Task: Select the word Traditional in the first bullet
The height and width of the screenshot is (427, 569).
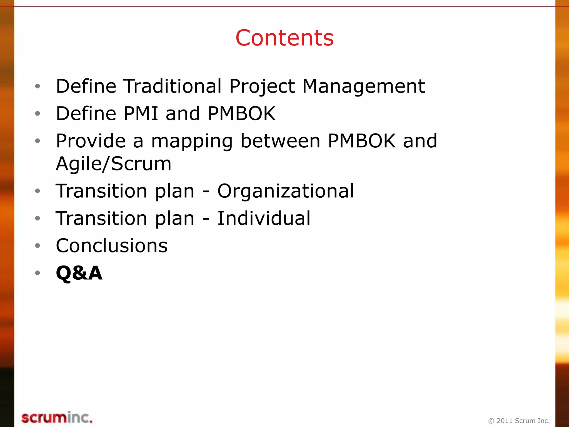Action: coord(172,86)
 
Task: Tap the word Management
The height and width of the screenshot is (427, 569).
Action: coord(363,86)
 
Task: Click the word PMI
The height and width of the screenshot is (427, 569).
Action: coord(141,113)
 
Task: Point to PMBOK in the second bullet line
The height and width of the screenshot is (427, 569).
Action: coord(241,113)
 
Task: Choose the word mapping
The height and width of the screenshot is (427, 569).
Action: coord(192,141)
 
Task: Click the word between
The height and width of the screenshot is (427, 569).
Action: coord(280,141)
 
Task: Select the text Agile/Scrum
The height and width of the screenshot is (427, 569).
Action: coord(114,163)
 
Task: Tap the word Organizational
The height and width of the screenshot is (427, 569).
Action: coord(286,191)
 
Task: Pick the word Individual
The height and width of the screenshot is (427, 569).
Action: coord(264,218)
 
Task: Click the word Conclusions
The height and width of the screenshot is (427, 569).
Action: coord(112,246)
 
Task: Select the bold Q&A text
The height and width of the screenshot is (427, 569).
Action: coord(79,273)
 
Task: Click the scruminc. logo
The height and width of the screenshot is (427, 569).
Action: coord(57,418)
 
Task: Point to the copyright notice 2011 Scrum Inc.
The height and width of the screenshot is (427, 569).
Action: coord(519,421)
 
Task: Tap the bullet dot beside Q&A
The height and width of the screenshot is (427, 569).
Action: coord(38,273)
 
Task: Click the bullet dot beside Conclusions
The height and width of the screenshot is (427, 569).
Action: coord(38,246)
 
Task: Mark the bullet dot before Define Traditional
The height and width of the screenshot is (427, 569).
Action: coord(38,86)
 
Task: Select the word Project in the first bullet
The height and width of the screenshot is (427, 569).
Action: coord(262,86)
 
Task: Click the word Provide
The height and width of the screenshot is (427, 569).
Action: coord(91,141)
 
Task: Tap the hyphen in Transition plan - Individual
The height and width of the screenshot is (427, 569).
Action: coord(206,219)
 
